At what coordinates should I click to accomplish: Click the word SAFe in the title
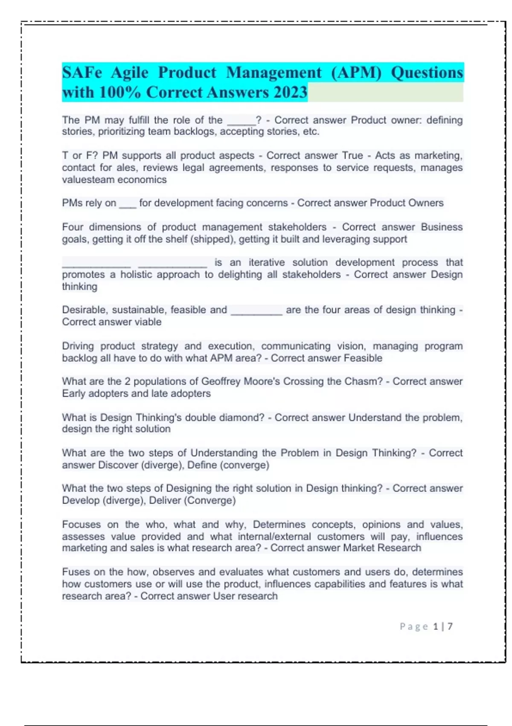pyautogui.click(x=82, y=73)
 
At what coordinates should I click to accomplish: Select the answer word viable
pyautogui.click(x=148, y=322)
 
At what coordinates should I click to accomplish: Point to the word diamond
pyautogui.click(x=241, y=417)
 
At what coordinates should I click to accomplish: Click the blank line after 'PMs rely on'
pyautogui.click(x=128, y=204)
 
